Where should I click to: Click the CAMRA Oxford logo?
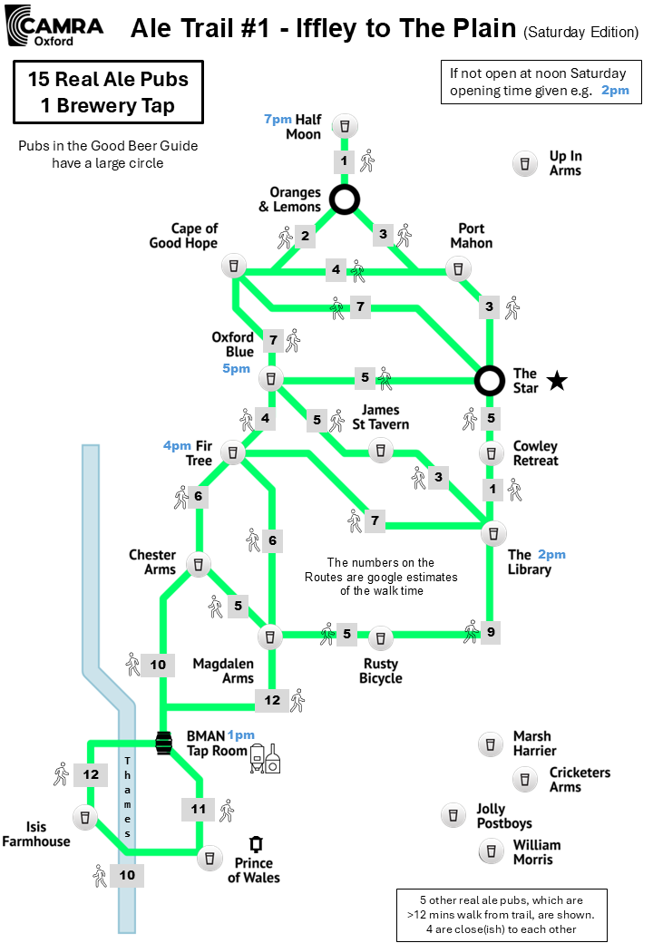click(x=54, y=26)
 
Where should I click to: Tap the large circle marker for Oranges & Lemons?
click(x=345, y=199)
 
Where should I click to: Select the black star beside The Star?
click(x=557, y=381)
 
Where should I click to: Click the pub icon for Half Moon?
click(x=345, y=126)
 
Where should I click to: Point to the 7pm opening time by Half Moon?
click(x=278, y=119)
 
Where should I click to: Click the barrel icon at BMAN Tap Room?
click(x=163, y=744)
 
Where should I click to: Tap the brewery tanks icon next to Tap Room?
click(x=265, y=758)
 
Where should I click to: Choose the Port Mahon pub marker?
click(x=458, y=268)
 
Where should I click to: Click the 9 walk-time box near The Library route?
click(x=492, y=632)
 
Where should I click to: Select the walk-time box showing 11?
click(x=199, y=809)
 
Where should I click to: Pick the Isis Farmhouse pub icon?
click(x=84, y=818)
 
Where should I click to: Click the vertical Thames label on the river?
click(x=127, y=797)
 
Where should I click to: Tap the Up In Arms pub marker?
click(x=525, y=163)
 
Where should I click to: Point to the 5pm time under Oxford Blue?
click(x=237, y=368)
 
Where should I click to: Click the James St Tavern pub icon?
click(x=381, y=450)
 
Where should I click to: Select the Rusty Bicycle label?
click(x=381, y=671)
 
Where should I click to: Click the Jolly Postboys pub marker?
click(x=453, y=815)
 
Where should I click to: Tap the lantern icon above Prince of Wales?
click(x=256, y=844)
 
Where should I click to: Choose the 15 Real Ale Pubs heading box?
click(x=108, y=92)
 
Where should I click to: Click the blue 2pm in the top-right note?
click(x=615, y=90)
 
